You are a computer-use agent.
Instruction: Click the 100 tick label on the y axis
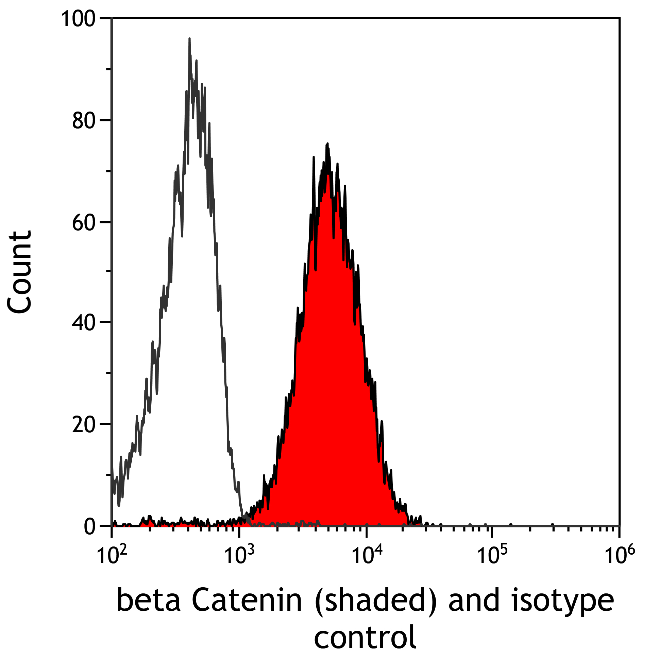[78, 19]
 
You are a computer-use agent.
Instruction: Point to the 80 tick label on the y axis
[83, 121]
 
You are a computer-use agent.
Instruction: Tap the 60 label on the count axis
[83, 223]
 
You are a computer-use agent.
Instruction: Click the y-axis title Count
[20, 272]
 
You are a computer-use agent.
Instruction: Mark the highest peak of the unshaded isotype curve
[189, 39]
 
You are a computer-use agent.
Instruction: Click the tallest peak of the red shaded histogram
[327, 144]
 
